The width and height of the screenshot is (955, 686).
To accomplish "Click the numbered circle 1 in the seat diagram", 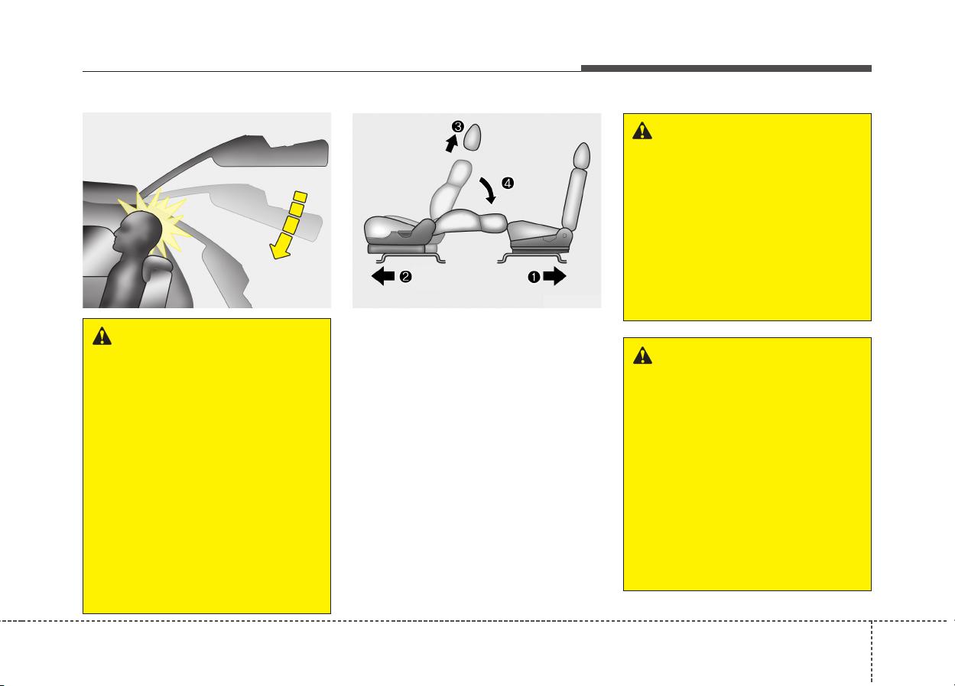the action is [x=534, y=277].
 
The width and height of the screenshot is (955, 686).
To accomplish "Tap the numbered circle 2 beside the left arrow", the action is [x=405, y=277].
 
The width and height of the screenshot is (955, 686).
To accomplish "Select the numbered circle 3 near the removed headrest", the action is [x=458, y=127].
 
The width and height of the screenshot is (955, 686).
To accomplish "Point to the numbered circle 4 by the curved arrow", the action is [x=508, y=184].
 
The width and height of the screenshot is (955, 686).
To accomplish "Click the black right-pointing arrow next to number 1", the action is [x=554, y=276].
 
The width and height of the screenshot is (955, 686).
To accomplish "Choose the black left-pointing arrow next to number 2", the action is [x=383, y=276].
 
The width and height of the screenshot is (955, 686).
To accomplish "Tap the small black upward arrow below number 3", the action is [x=451, y=143].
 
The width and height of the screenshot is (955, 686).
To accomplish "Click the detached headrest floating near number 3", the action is [x=473, y=137].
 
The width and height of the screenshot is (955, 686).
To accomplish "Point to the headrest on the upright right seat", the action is [x=582, y=155].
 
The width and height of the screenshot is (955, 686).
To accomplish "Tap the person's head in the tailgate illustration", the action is [x=138, y=232].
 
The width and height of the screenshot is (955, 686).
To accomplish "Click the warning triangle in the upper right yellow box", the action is [x=642, y=131].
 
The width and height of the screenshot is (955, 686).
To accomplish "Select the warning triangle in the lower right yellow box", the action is [x=642, y=355].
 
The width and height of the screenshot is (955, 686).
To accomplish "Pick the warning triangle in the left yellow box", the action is [x=102, y=336].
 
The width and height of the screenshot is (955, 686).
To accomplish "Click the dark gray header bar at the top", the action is [x=726, y=68].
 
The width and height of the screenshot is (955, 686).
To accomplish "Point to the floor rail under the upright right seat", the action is [x=532, y=258].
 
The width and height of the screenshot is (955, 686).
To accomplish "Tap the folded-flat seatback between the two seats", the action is [x=471, y=223].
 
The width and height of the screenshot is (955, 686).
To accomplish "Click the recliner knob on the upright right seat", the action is [x=564, y=236].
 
